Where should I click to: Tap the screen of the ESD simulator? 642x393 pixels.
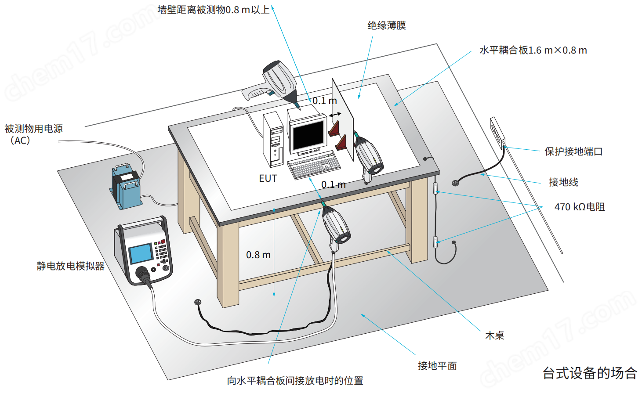[141, 254]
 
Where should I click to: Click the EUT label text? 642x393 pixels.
[268, 178]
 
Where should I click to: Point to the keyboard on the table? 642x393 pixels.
[314, 165]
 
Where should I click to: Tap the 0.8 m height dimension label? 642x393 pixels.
[258, 255]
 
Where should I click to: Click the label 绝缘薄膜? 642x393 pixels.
[387, 25]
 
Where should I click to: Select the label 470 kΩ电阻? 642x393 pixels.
[579, 207]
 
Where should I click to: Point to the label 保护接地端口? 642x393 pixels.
[573, 151]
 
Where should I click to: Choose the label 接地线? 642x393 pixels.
[563, 182]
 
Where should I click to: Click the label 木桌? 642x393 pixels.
[494, 335]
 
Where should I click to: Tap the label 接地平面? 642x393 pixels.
[437, 365]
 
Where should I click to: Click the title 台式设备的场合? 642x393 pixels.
[590, 373]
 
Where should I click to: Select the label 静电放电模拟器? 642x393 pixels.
[70, 266]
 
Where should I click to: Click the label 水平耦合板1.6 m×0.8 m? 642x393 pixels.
[533, 50]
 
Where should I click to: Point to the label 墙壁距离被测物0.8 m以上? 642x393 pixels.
[214, 10]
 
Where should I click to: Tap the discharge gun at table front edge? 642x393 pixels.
[336, 226]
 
